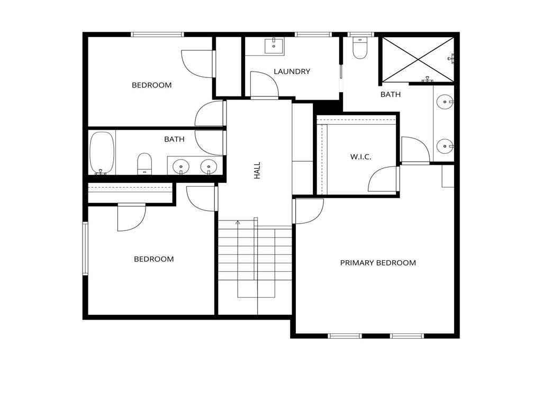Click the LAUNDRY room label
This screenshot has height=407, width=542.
(292, 72)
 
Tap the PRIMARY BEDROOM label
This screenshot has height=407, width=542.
(378, 263)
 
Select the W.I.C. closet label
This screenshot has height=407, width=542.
(360, 157)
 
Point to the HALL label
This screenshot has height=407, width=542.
(258, 170)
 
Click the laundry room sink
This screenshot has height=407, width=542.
(274, 46)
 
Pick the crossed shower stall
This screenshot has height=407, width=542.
(418, 59)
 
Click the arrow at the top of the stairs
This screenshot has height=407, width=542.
(238, 223)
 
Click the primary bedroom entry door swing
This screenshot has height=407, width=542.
(308, 210)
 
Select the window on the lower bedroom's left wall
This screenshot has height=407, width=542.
(85, 249)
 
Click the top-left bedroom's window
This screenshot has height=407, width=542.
(157, 34)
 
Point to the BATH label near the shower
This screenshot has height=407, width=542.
(391, 95)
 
